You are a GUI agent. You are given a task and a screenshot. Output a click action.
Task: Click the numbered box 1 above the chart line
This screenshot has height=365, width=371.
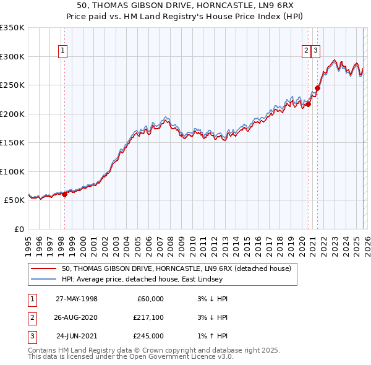[x=64, y=51]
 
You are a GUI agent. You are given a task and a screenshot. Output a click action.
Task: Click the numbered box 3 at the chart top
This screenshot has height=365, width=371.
[x=315, y=51]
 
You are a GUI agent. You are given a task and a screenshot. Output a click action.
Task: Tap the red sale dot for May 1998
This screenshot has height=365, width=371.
[x=64, y=194]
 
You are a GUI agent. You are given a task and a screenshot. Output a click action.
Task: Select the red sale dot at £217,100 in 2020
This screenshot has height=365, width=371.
[x=308, y=104]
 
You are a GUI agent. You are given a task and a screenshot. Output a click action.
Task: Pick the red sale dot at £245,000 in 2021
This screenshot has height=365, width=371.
[x=317, y=88]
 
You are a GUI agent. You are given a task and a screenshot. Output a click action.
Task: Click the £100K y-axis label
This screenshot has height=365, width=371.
[x=12, y=171]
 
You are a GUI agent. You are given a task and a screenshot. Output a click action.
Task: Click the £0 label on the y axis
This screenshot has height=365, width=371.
[x=19, y=230]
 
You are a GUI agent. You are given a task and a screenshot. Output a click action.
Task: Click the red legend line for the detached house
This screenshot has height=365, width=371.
[x=45, y=269]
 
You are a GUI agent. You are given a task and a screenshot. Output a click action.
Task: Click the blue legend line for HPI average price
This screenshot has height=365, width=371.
[x=45, y=279]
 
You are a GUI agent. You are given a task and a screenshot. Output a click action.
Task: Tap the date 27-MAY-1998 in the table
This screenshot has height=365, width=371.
[x=77, y=299]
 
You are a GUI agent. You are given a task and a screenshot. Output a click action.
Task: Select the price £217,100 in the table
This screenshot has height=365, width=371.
[x=148, y=317]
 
